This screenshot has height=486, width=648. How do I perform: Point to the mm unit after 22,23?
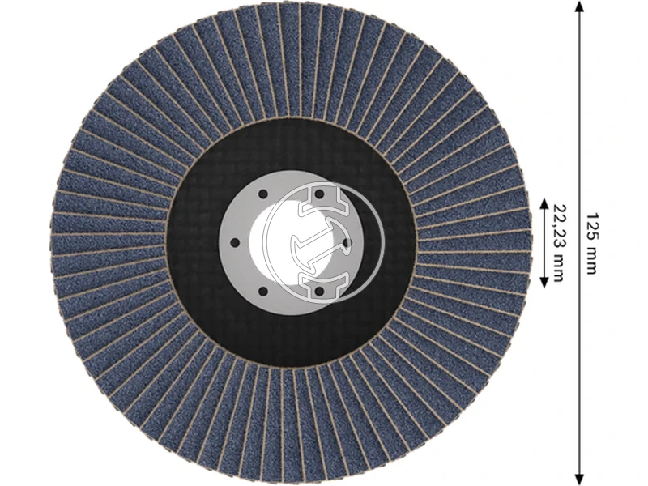559,262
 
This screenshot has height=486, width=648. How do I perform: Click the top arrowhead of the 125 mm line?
578,6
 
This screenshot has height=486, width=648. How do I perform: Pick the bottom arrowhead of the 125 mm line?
578,478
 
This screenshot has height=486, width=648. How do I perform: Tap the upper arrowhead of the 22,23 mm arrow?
544,203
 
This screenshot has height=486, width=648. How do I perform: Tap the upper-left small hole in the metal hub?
263,194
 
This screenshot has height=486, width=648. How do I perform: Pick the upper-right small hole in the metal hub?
318,194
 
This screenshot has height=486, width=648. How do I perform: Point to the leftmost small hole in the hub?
234,241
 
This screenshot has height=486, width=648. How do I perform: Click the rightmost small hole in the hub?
346,241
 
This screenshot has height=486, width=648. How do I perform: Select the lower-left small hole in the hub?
263,289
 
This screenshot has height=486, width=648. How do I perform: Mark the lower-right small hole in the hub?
318,289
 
